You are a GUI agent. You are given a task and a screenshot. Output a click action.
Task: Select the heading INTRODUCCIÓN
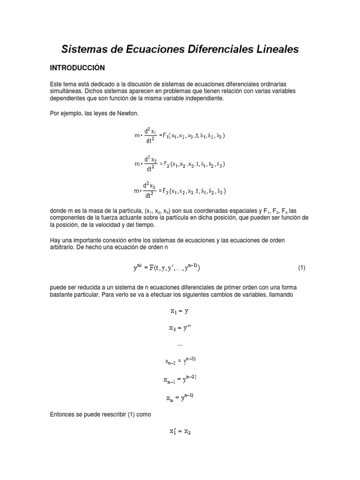tap(78, 68)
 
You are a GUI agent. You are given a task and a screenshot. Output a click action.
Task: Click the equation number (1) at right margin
tap(301, 268)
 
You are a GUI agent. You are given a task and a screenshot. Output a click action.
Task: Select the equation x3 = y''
tap(180, 328)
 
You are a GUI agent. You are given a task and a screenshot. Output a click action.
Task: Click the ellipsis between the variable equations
tap(180, 345)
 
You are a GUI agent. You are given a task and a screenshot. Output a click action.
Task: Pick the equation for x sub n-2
tap(180, 360)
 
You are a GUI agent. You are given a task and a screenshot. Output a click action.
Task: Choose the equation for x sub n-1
tap(180, 379)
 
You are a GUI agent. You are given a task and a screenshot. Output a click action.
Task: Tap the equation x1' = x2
tap(180, 432)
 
